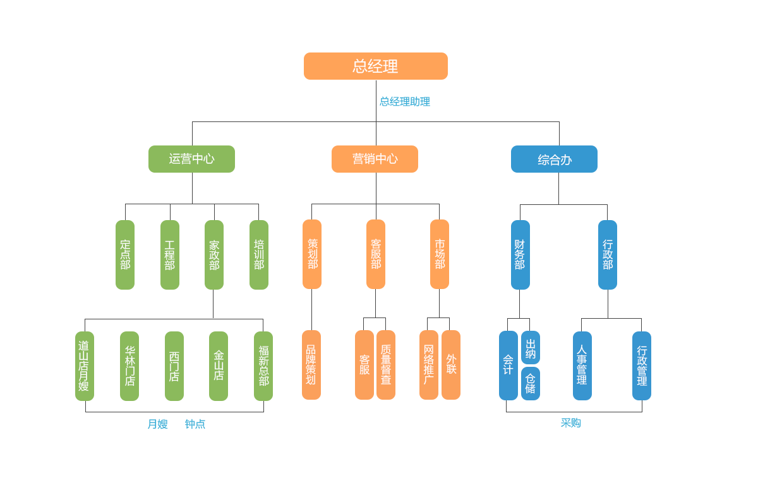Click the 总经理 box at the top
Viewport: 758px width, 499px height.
375,66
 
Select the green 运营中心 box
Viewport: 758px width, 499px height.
191,159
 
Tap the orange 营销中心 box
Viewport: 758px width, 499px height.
375,159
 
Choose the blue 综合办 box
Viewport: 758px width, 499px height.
554,159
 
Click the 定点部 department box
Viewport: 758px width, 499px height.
125,254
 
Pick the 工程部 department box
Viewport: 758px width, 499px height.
170,254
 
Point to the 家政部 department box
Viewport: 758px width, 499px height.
214,254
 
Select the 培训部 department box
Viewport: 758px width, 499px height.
259,254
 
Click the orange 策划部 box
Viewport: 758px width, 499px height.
312,254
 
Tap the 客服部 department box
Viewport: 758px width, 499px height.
376,254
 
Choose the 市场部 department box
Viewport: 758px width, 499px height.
440,254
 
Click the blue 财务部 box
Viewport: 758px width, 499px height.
520,254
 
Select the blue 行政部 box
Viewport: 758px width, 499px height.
608,254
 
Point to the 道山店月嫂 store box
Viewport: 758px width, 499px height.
85,366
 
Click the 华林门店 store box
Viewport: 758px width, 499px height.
129,366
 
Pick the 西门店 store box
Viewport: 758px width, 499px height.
174,366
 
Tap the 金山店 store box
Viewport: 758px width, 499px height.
219,366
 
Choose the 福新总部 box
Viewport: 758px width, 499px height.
263,366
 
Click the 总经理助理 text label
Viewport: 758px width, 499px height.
405,101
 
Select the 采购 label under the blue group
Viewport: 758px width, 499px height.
571,423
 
